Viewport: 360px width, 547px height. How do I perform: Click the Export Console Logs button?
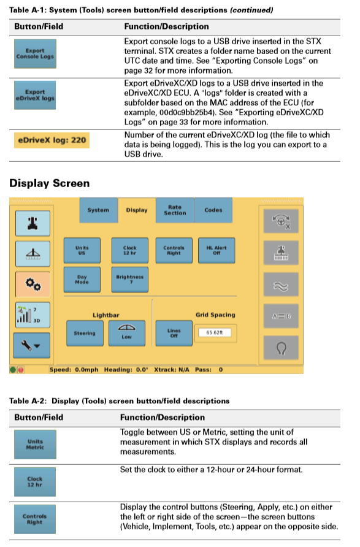point(35,54)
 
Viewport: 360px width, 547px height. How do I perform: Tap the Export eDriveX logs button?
point(35,95)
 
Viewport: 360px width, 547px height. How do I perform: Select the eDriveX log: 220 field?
point(52,140)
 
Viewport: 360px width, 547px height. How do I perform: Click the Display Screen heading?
point(50,183)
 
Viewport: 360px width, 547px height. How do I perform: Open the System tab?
point(98,210)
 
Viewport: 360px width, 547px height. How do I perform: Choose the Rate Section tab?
point(175,210)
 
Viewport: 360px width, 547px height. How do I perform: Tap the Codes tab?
point(213,210)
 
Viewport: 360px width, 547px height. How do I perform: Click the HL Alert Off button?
point(216,250)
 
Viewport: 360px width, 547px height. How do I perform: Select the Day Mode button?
point(82,280)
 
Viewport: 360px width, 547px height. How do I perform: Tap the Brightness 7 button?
point(130,280)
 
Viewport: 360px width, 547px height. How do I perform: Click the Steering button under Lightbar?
point(85,334)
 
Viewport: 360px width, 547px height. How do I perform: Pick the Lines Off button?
point(174,333)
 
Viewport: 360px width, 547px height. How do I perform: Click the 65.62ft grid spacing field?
point(215,332)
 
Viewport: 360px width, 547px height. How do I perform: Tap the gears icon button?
point(33,284)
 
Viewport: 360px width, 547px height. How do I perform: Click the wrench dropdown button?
point(31,345)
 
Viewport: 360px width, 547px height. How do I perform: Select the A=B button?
point(281,316)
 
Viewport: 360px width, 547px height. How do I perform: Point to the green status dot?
point(13,370)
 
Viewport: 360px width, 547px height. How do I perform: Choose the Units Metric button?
point(35,445)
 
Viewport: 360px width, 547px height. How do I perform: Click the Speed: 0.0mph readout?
point(74,370)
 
